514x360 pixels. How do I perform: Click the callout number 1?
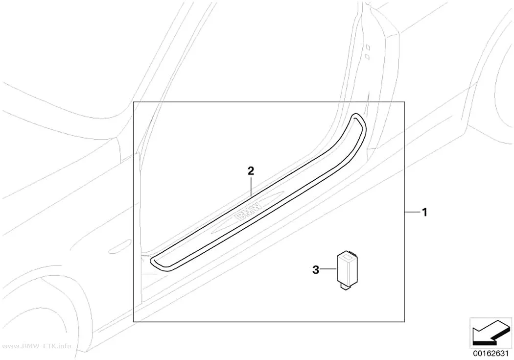pyautogui.click(x=424, y=213)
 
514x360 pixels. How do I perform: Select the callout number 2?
pyautogui.click(x=251, y=171)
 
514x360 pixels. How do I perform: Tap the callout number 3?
pyautogui.click(x=316, y=270)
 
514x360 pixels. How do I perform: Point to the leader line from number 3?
pyautogui.click(x=328, y=270)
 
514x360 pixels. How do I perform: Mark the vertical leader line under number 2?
pyautogui.click(x=251, y=186)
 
